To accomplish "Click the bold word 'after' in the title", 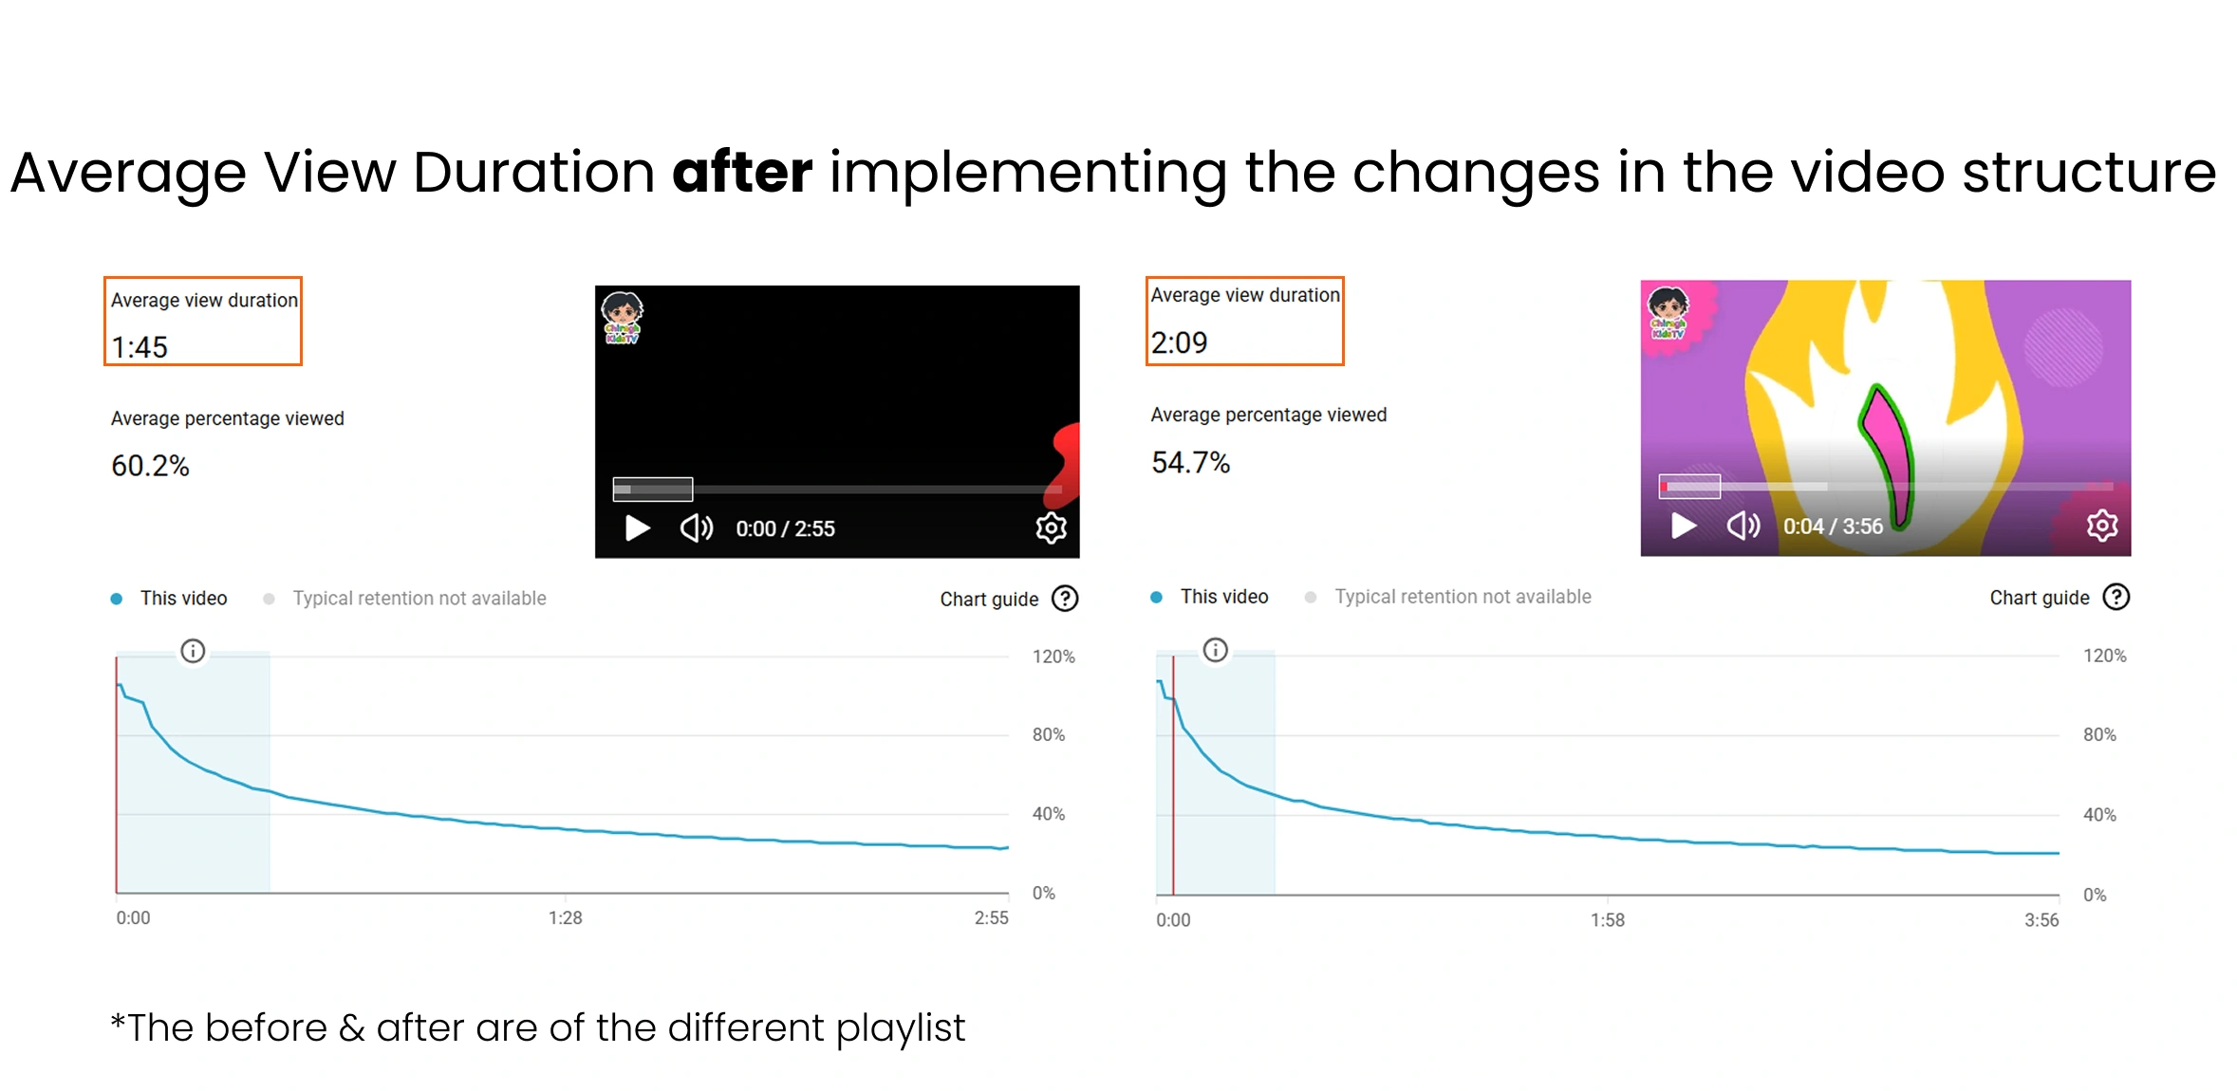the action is coord(742,172).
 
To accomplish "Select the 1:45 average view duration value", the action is coord(140,347).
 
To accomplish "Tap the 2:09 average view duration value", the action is coord(1179,342).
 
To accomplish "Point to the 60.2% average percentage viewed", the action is coord(150,466).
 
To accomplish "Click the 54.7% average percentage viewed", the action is coord(1190,462).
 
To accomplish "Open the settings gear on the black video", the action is coord(1051,527).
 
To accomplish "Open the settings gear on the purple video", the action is coord(2102,525).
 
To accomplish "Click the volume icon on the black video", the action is coord(697,527).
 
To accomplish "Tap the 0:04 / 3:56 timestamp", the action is coord(1833,527).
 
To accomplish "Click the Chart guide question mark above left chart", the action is coord(1065,599).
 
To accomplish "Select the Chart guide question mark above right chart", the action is coord(2116,597).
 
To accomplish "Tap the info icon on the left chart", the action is coord(193,651).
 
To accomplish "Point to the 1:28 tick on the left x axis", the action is coord(565,917).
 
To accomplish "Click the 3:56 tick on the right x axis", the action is coord(2041,919).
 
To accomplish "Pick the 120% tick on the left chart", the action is coord(1053,656).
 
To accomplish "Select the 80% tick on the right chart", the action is coord(2099,734).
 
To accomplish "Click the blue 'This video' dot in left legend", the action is coord(116,599).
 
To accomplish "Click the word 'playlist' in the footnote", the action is coord(900,1029).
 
